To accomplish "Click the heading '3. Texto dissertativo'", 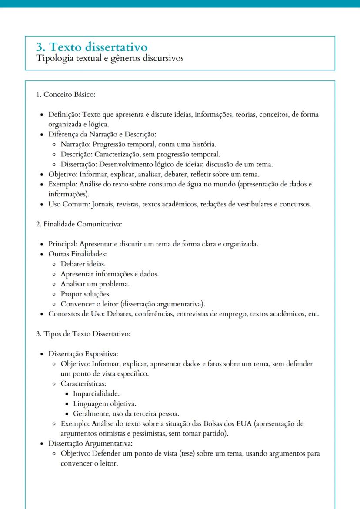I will pyautogui.click(x=92, y=47).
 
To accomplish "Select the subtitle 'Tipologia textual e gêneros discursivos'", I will pyautogui.click(x=110, y=58).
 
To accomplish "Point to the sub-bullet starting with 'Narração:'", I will pyautogui.click(x=138, y=144).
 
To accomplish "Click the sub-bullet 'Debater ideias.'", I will pyautogui.click(x=83, y=264).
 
